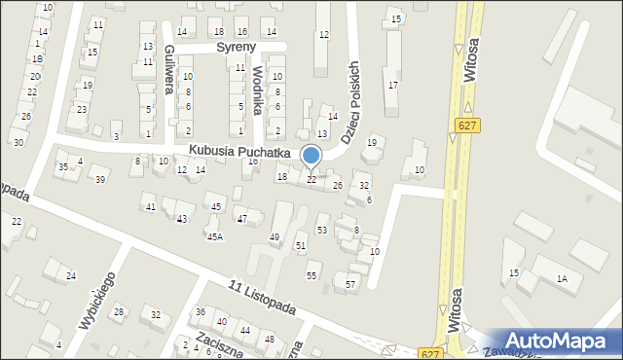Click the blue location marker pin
311,156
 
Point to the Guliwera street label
170,69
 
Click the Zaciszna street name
218,342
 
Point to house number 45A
214,236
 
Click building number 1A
562,279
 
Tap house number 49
275,237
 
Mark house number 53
322,231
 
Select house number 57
350,284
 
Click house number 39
99,179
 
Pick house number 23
82,109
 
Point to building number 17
392,86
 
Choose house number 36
201,312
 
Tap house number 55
311,276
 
